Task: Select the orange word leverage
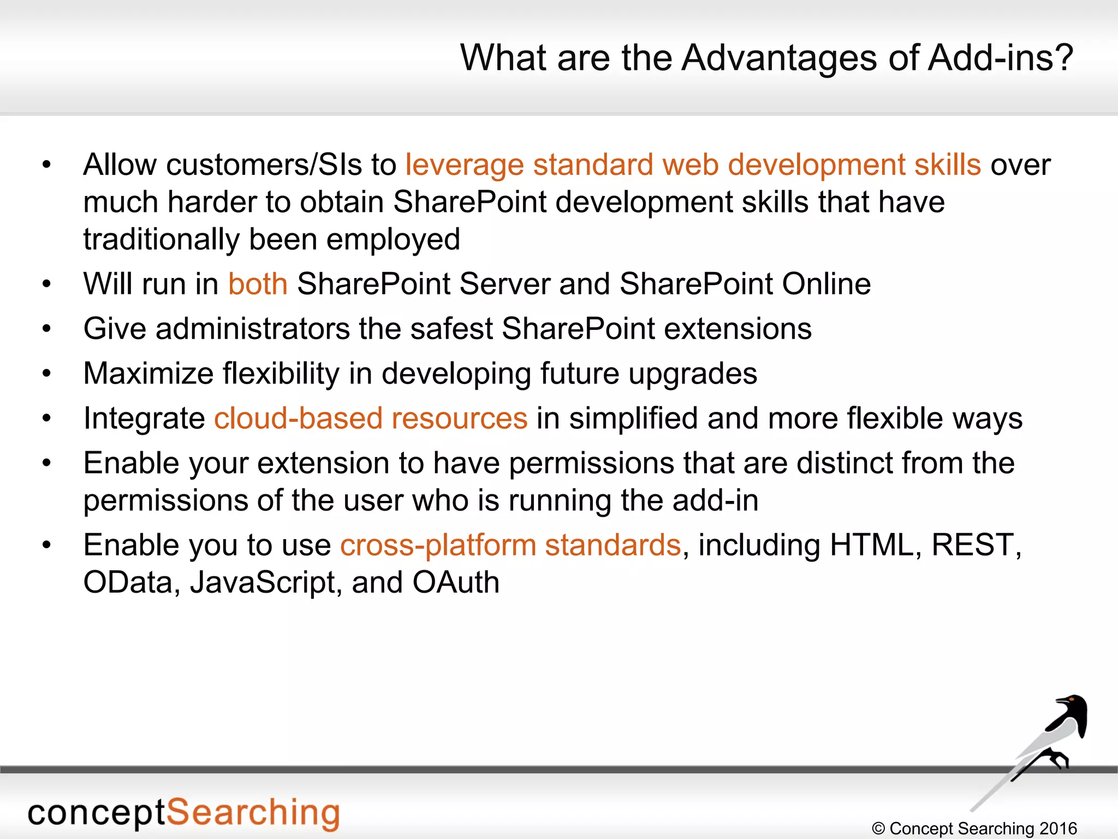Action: (464, 166)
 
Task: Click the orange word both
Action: (258, 284)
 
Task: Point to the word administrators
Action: (253, 329)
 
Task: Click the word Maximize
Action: (148, 374)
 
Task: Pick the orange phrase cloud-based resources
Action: (371, 419)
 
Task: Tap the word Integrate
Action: (144, 419)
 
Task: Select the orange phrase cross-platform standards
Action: (510, 546)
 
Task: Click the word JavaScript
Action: (262, 583)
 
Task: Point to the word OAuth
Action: (456, 583)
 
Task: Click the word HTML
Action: (871, 546)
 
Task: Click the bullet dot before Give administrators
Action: (46, 329)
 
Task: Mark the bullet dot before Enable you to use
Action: (46, 545)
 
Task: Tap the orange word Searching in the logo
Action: (253, 813)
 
